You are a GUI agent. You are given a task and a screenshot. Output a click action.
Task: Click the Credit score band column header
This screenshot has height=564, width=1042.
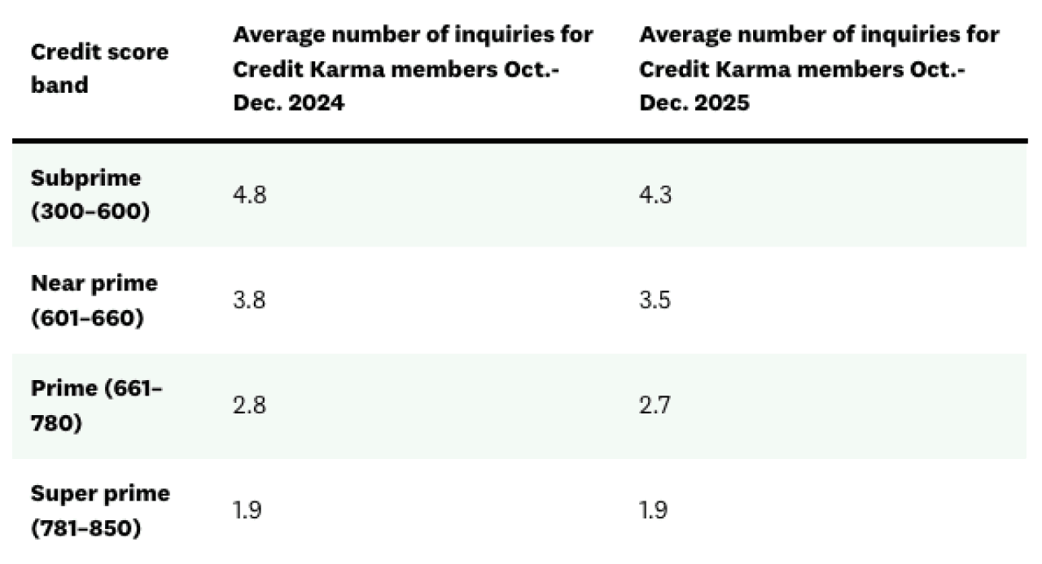click(99, 68)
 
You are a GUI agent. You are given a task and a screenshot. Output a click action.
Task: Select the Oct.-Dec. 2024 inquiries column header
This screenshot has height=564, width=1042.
click(413, 68)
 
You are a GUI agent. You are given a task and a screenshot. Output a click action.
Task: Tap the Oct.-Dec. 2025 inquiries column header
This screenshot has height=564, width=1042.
click(818, 68)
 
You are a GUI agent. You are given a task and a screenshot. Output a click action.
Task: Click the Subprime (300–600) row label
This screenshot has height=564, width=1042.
click(90, 195)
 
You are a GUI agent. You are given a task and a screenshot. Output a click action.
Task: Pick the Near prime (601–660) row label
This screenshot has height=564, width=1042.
click(94, 300)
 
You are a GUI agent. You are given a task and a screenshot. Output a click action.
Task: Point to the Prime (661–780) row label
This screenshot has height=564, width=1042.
click(96, 405)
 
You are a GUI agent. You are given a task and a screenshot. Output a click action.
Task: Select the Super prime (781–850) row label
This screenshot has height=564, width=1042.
click(100, 510)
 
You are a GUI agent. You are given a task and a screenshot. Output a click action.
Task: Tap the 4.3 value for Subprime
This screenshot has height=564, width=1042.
click(655, 195)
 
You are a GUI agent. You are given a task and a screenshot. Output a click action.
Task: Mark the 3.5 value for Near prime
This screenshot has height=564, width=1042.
click(655, 300)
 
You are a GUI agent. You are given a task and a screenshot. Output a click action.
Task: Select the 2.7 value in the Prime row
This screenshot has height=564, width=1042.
click(655, 405)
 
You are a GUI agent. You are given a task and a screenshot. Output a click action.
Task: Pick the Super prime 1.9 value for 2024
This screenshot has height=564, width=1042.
click(247, 510)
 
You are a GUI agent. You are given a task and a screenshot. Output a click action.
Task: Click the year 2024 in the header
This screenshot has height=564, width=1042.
click(316, 103)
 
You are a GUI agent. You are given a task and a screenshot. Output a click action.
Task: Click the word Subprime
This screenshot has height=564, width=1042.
click(85, 178)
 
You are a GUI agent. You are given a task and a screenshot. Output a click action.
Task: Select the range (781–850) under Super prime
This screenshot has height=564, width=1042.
click(85, 527)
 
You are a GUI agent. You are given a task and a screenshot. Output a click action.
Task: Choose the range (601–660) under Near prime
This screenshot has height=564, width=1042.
click(87, 317)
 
